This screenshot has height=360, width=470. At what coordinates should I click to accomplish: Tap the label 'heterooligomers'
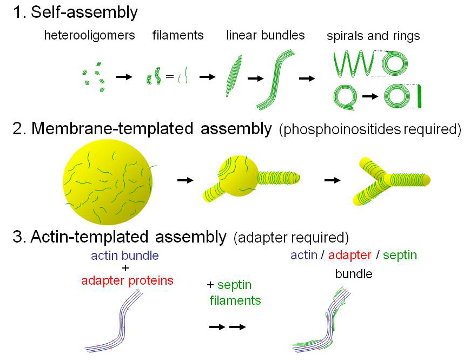(x=89, y=36)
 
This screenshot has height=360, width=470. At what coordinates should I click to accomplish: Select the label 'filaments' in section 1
(x=178, y=36)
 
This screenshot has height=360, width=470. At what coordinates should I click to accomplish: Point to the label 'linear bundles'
(x=266, y=36)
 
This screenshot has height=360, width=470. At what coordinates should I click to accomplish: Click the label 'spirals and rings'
(x=373, y=36)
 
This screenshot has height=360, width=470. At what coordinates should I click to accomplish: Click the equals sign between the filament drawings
(x=170, y=77)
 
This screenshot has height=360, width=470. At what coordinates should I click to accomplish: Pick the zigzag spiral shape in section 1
(x=354, y=63)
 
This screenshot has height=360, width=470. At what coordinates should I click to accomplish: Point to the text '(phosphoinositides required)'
(x=370, y=130)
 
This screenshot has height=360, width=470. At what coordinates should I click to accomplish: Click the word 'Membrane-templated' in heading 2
(x=113, y=129)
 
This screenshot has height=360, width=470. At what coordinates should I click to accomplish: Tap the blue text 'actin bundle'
(x=125, y=255)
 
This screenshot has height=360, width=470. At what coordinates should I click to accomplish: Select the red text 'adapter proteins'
(x=127, y=280)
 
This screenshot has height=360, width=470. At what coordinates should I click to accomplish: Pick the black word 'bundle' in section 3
(x=354, y=274)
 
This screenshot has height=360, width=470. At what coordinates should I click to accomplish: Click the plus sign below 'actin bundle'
(x=125, y=268)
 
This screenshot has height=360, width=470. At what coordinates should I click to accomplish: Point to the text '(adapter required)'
(x=291, y=238)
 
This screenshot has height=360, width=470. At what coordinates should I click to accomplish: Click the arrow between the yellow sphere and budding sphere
(x=185, y=180)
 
